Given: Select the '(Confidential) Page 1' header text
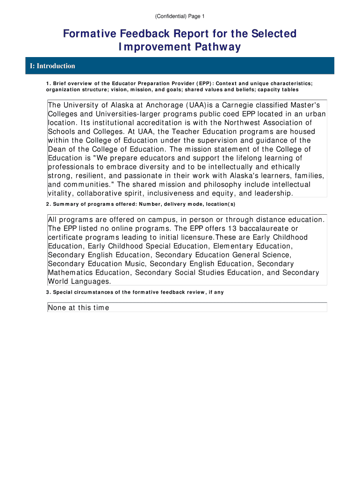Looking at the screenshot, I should [180, 16].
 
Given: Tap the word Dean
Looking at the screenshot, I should [57, 149].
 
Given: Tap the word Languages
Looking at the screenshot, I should [89, 282].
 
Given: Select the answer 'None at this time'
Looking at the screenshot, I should [79, 308].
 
